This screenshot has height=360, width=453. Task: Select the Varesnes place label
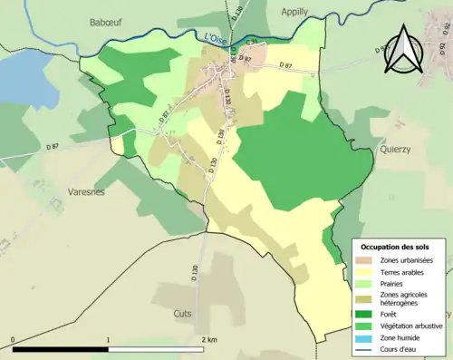click(87, 192)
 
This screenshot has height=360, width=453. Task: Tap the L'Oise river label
click(216, 38)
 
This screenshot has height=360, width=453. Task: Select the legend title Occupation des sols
click(395, 247)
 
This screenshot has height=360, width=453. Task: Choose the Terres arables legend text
click(404, 271)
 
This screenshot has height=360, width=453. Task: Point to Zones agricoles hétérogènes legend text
click(404, 300)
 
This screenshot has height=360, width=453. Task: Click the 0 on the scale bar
click(13, 341)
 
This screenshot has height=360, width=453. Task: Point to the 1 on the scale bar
click(108, 341)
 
